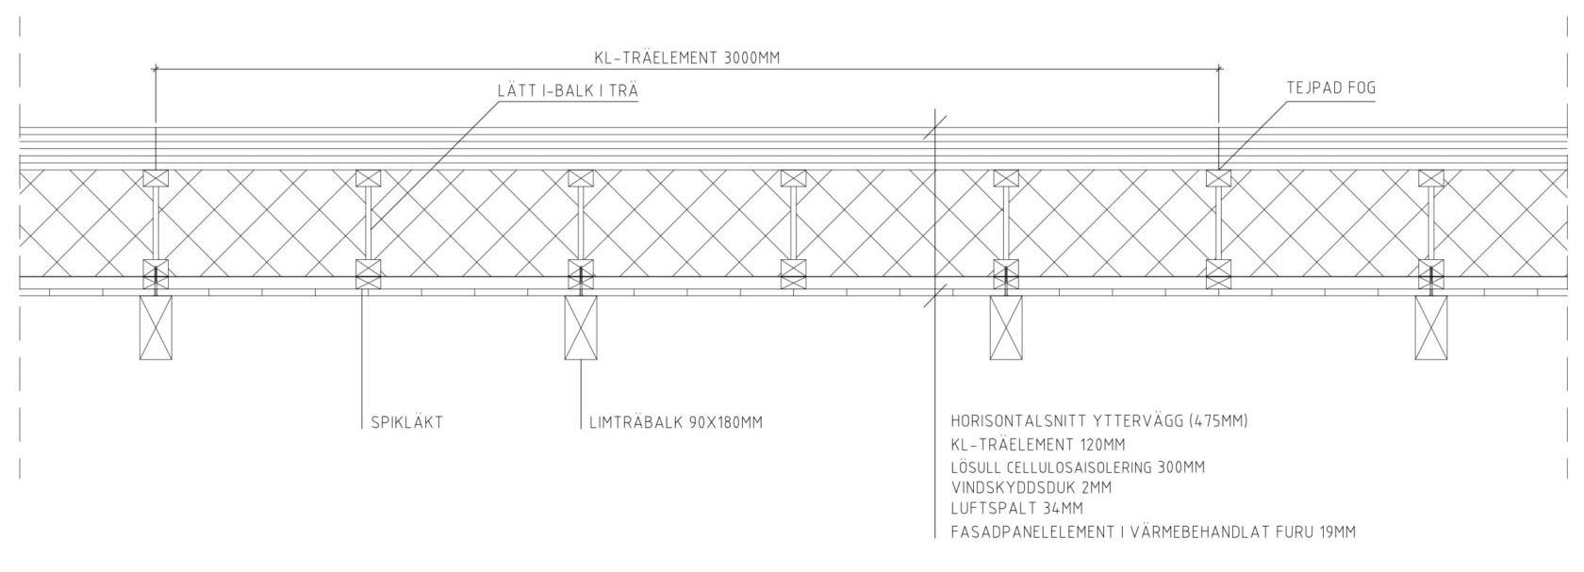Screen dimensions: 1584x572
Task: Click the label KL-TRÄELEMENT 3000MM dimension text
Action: coord(686,57)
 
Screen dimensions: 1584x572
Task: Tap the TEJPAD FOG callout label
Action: coord(1330,88)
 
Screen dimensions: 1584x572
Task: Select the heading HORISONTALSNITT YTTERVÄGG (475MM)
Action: coord(1099,421)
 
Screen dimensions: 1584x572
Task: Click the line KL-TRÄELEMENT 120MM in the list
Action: coord(1038,445)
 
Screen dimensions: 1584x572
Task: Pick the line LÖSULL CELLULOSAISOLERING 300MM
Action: coord(1078,467)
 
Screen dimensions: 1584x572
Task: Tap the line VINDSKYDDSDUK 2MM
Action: coord(1031,488)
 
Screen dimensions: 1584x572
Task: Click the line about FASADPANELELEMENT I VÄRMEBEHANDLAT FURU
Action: coord(1153,532)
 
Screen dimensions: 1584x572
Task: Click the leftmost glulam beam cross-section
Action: coord(156,327)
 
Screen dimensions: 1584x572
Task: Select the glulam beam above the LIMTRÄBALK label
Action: coord(581,327)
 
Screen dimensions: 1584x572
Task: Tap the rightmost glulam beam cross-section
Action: coord(1430,327)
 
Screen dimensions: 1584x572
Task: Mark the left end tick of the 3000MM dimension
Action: coord(156,69)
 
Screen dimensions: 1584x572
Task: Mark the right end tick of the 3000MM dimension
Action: coord(1219,69)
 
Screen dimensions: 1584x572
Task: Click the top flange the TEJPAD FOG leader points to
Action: coord(1219,178)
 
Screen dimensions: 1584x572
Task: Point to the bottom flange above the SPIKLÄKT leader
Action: coord(368,274)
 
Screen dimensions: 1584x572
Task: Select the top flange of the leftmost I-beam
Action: coord(156,178)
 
